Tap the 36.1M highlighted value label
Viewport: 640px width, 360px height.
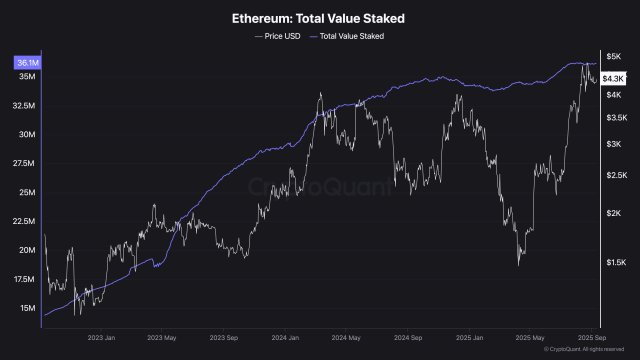27,63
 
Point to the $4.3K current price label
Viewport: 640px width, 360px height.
613,77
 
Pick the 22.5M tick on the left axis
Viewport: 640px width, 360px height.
25,221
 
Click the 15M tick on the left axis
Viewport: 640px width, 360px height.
27,308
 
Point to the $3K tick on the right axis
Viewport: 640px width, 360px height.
613,144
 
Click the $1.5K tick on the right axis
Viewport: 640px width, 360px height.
615,262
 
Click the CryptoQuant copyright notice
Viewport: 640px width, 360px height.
590,350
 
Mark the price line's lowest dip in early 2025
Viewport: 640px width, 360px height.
519,265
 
